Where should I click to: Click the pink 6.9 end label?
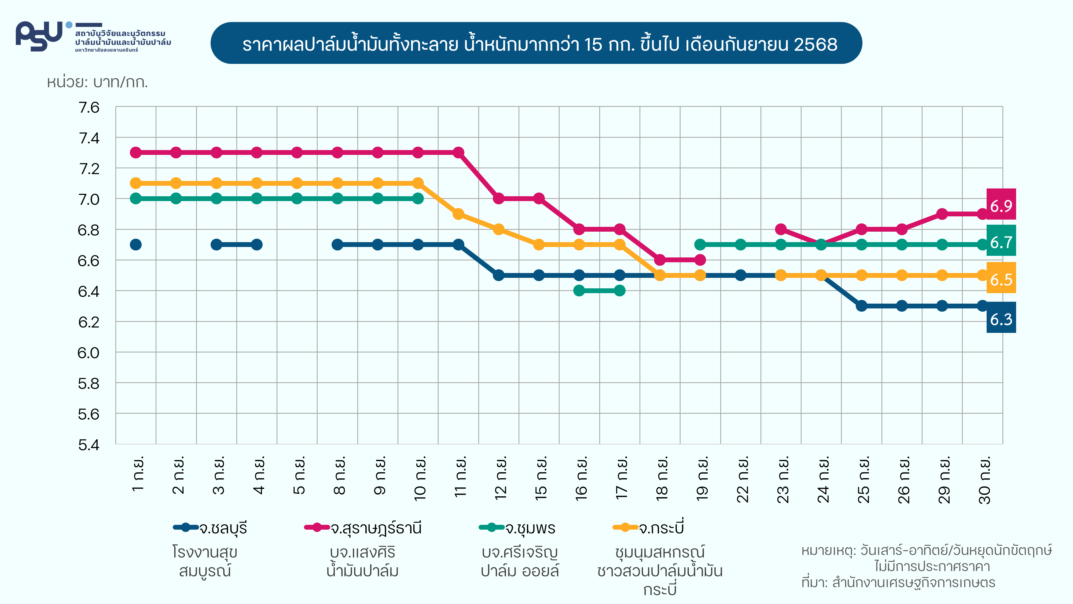click(x=1001, y=205)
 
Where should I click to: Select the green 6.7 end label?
click(x=1001, y=241)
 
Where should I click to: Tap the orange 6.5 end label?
click(x=1001, y=278)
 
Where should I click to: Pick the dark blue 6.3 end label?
click(x=1001, y=318)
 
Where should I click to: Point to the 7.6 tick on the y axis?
click(x=89, y=108)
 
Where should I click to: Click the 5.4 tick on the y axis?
click(x=89, y=445)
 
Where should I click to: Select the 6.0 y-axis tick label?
click(x=89, y=353)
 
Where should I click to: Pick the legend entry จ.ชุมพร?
click(x=517, y=528)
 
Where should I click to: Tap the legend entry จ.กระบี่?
click(x=649, y=528)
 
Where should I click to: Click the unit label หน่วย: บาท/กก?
click(x=97, y=82)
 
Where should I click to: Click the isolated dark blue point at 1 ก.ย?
click(x=136, y=245)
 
